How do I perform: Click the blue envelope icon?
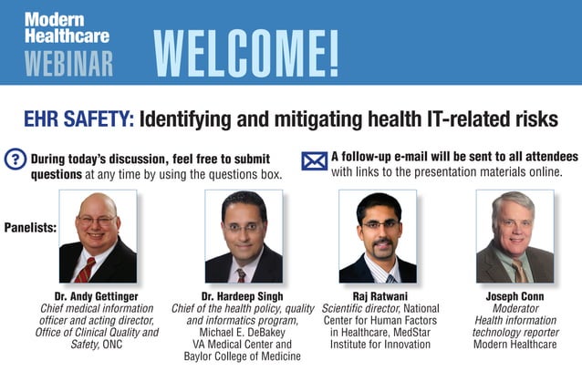(314, 160)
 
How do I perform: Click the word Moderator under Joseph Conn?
(514, 309)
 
